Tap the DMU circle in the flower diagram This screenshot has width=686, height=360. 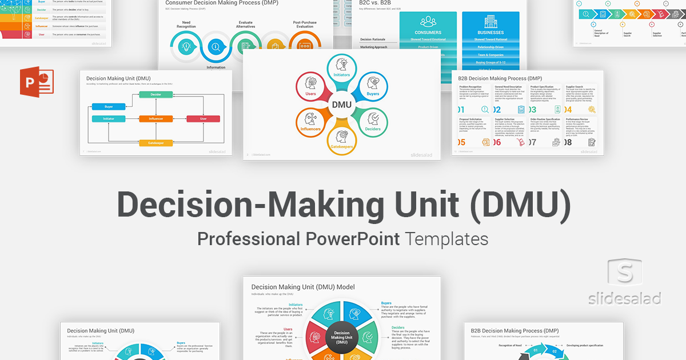342,105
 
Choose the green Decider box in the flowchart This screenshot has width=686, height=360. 156,94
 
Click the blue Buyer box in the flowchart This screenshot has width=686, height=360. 109,106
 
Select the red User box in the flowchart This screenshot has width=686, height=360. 203,119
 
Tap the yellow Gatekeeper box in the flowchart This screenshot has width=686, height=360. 156,143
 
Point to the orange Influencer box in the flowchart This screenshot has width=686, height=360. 156,119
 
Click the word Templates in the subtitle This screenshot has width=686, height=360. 448,238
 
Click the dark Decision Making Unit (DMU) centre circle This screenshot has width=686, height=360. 342,337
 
